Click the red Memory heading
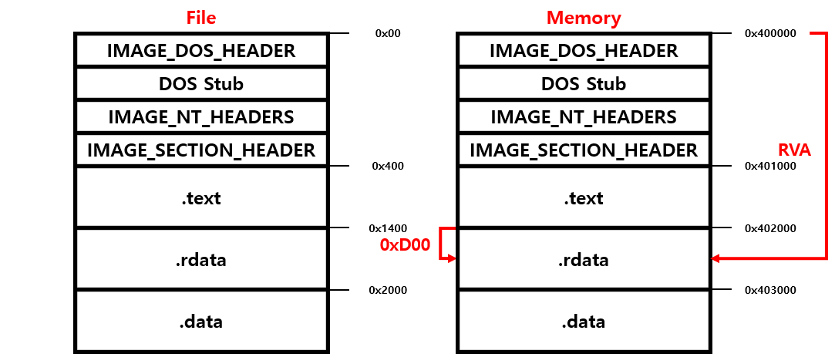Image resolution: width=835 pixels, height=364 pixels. pos(584,17)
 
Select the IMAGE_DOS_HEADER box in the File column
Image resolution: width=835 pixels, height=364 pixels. pos(201,51)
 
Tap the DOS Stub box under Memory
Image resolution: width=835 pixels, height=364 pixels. pos(584,84)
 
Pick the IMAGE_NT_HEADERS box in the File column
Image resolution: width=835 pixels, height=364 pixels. pos(201,117)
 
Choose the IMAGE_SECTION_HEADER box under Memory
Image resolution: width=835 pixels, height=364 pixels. pos(584,150)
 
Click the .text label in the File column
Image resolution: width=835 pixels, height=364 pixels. pos(201,198)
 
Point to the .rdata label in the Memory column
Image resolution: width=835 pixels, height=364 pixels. pos(584,260)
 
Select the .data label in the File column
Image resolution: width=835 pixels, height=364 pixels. pos(201,321)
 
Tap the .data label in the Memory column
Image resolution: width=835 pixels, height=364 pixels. pos(584,321)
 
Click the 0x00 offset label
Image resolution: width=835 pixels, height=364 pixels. pos(388,34)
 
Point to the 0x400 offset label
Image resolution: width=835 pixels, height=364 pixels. pos(388,166)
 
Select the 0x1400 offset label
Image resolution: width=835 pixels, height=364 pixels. pos(388,228)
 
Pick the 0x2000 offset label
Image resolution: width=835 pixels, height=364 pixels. pos(388,290)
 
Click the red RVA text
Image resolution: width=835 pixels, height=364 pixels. pos(793,150)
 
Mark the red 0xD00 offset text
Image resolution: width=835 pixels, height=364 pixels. pos(405,245)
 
